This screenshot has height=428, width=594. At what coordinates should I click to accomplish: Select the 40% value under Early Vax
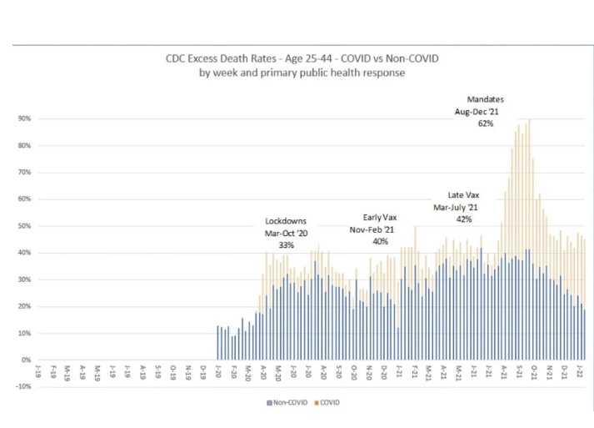pyautogui.click(x=380, y=241)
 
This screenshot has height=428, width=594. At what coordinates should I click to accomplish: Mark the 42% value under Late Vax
pyautogui.click(x=463, y=219)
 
